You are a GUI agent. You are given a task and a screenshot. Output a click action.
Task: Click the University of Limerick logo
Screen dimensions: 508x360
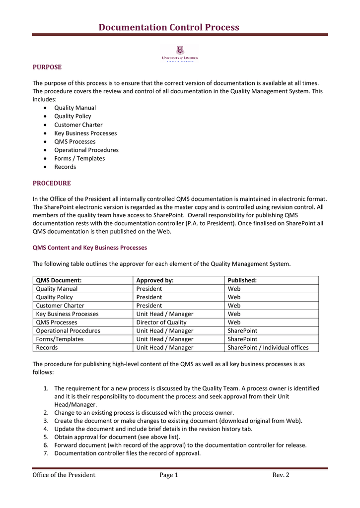point(180,53)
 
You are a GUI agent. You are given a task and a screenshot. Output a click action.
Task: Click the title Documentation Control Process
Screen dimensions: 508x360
point(169,27)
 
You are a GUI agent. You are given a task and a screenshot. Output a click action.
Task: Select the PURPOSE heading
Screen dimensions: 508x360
point(47,67)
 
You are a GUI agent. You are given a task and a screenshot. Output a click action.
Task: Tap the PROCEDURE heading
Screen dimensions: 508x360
point(52,183)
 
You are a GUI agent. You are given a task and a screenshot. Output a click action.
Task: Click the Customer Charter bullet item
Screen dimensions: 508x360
point(78,125)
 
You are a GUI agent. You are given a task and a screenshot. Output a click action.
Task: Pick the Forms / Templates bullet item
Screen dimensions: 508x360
point(79,158)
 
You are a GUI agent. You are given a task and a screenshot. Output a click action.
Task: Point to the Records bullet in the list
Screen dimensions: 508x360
point(65,167)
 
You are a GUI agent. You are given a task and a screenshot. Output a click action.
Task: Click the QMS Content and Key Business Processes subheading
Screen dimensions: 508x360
point(89,247)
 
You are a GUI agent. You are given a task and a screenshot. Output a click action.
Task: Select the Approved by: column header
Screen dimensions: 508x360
point(155,280)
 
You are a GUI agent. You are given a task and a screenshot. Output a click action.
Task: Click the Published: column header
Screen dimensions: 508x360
point(242,280)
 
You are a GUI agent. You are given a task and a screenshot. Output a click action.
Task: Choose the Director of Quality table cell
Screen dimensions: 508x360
point(160,322)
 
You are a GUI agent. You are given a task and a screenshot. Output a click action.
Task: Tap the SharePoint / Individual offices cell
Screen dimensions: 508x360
point(268,347)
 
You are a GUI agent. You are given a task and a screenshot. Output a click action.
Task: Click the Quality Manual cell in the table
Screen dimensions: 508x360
point(57,289)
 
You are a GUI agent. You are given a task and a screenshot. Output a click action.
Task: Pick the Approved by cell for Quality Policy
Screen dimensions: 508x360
point(149,297)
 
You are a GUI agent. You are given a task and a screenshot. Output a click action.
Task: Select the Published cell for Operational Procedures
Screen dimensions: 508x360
point(242,331)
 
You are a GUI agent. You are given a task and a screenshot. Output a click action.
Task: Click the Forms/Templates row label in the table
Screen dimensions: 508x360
point(60,339)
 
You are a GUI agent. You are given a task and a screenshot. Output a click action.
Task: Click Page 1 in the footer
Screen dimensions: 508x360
point(169,475)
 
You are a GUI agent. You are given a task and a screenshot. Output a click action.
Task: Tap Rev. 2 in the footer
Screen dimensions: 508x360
point(281,475)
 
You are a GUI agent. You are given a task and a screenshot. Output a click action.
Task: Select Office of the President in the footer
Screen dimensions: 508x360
point(64,475)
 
